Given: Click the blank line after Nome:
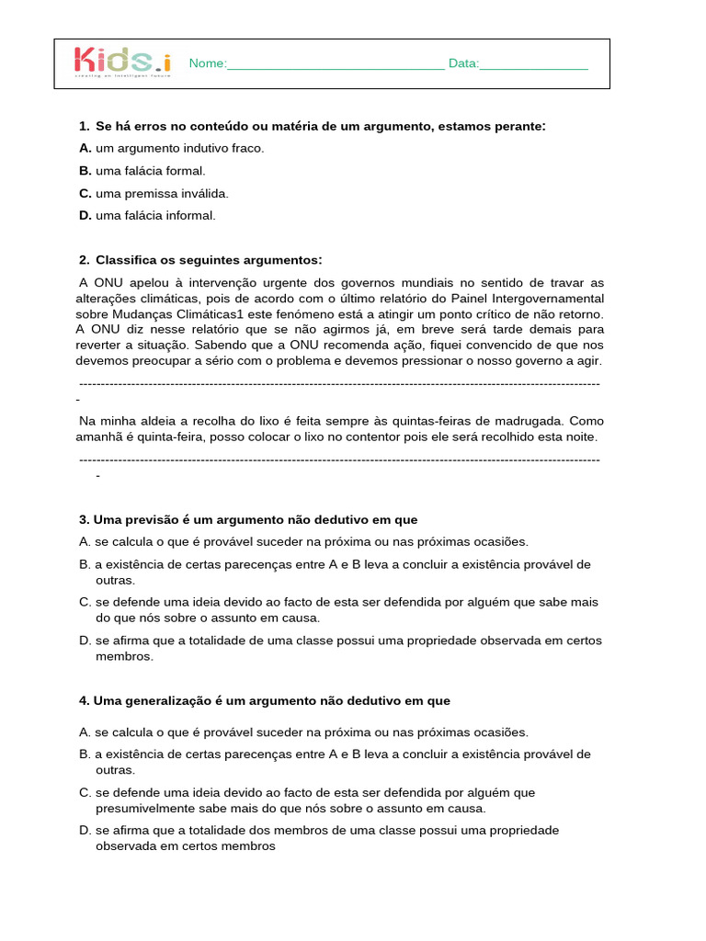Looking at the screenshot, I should (x=336, y=64).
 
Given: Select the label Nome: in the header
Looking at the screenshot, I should (x=207, y=63).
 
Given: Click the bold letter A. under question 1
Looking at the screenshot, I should (x=85, y=148).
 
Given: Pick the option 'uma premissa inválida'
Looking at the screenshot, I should (x=162, y=193).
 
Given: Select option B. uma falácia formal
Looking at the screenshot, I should (x=150, y=171).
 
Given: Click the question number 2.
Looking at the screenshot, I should (x=84, y=260).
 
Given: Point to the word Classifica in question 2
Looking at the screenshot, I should (x=126, y=260).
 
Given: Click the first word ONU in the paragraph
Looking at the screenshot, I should (x=108, y=282).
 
